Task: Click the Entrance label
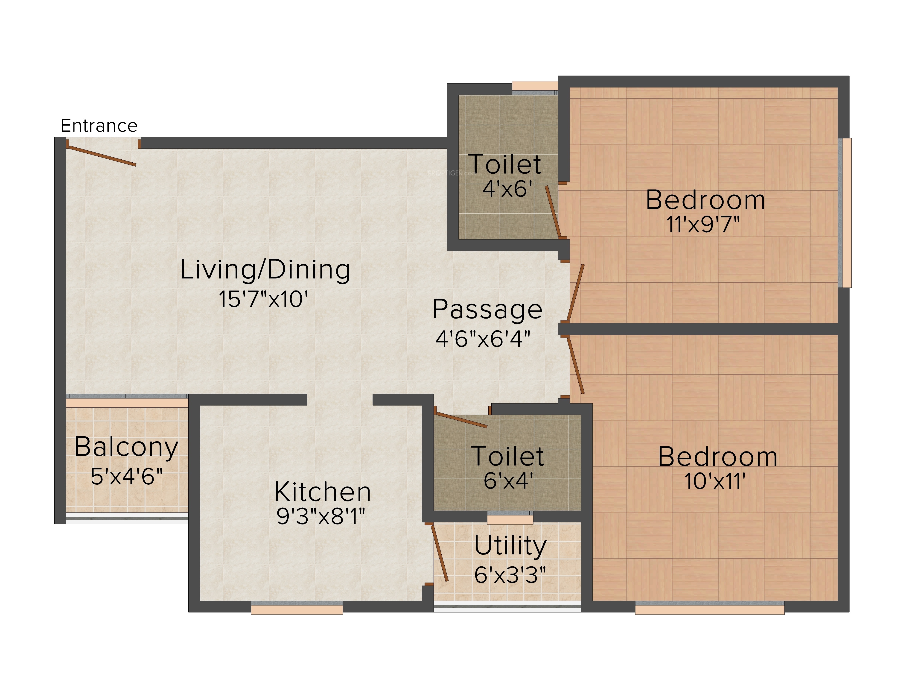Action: pos(99,125)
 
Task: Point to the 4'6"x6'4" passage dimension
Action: pos(483,339)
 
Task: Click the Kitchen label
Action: pos(323,492)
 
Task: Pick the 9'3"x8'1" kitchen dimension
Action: pos(321,516)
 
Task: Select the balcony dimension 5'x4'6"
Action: pos(127,477)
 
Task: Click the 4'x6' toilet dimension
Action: pos(507,189)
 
